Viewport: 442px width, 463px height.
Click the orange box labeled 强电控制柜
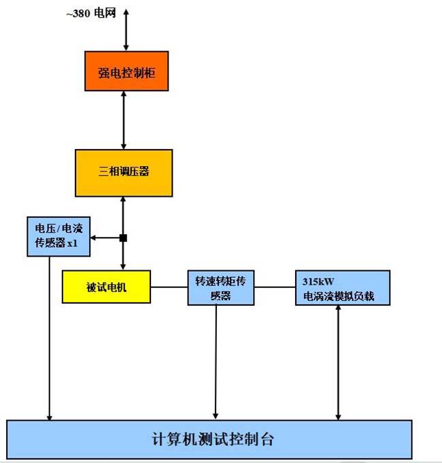(x=126, y=71)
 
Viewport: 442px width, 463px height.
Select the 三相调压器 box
(x=124, y=172)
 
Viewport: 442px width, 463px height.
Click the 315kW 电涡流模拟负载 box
(x=343, y=287)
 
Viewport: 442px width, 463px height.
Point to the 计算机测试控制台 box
(x=209, y=439)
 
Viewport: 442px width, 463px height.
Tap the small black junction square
(x=123, y=238)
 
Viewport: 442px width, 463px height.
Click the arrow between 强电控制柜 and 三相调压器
(x=124, y=120)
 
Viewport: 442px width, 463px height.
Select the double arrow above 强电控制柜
(x=126, y=30)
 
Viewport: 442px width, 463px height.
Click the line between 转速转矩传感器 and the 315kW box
(x=275, y=287)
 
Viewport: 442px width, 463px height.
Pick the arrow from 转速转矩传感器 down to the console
(x=216, y=361)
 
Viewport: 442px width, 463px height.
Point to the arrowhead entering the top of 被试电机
(x=123, y=266)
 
